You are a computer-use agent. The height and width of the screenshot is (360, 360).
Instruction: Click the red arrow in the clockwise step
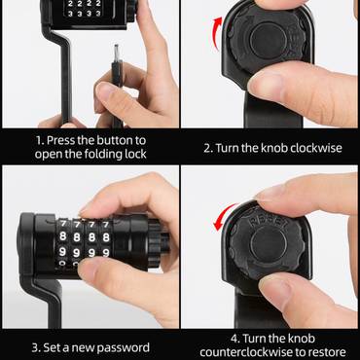216,32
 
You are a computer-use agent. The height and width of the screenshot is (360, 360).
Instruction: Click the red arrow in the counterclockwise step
224,215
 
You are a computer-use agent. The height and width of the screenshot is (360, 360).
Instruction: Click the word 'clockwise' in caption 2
316,148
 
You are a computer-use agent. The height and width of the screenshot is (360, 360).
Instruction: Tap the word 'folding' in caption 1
104,155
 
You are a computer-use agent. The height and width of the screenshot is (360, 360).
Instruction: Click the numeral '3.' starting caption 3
36,348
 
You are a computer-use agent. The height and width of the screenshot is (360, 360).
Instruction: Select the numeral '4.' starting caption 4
235,339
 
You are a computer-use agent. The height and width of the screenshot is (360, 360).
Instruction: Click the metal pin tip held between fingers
116,52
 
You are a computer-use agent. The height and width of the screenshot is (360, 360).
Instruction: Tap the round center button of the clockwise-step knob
269,41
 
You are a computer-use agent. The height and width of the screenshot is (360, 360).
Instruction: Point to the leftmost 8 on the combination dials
63,236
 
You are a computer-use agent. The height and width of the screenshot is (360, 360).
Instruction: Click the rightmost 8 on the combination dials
106,237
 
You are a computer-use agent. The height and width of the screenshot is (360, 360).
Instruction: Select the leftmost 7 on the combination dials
63,224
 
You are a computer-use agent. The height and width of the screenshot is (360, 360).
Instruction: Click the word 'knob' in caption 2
274,148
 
